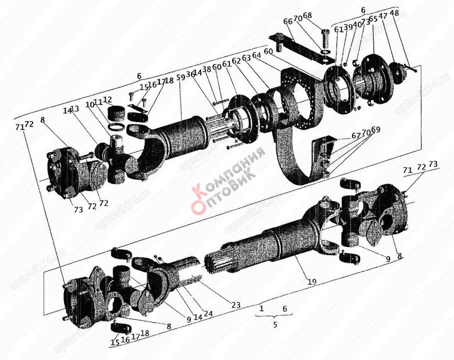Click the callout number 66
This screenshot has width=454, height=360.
point(288,22)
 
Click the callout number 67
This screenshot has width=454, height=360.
point(356,136)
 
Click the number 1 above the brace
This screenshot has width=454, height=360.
point(262,308)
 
